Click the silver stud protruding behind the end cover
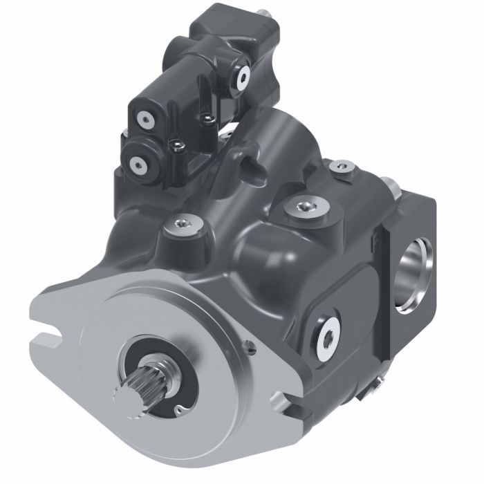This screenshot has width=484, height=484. tap(393, 187)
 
